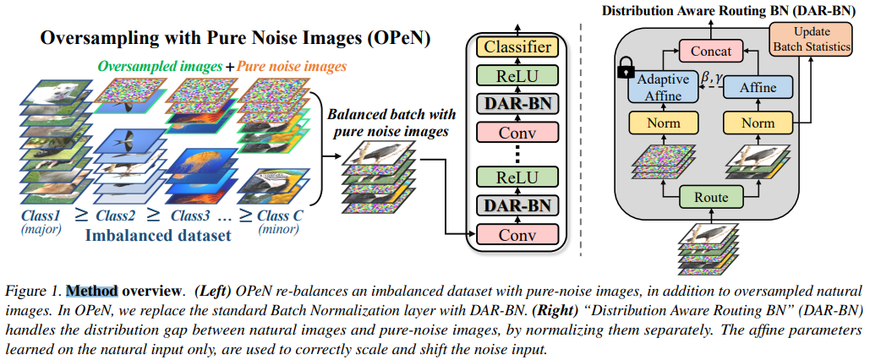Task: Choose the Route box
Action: click(x=711, y=198)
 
